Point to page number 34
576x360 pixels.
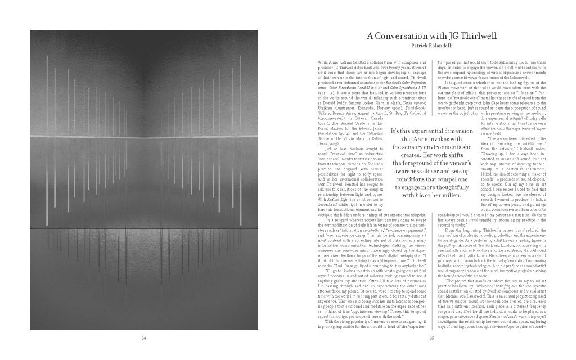pos(144,337)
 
